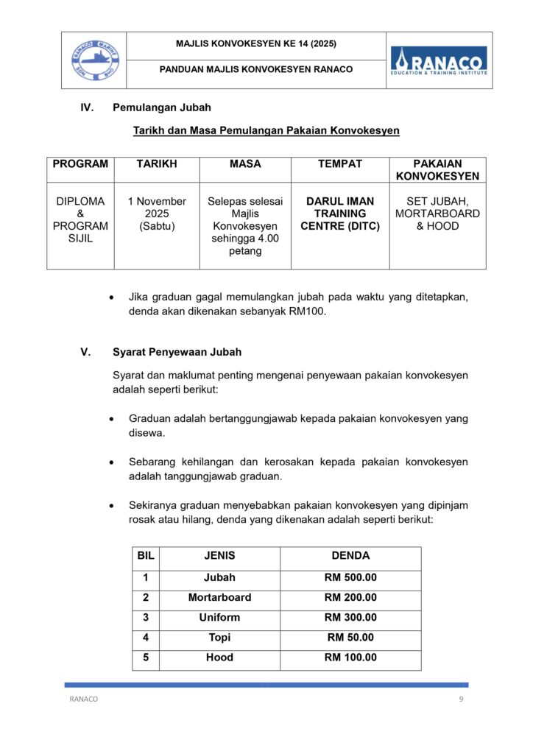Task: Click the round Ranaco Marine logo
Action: coord(93,60)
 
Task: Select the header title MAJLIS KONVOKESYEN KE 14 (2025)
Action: coord(255,44)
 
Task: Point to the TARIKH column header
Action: coord(156,164)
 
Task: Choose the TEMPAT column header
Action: coord(339,164)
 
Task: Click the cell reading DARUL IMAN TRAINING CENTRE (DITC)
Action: coord(339,214)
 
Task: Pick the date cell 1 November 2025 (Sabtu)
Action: coord(156,214)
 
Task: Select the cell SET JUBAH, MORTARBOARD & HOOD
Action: coord(437,214)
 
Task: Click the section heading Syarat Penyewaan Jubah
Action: coord(177,351)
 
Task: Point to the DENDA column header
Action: coord(350,556)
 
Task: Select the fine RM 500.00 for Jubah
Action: coord(350,578)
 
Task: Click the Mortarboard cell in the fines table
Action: coord(219,598)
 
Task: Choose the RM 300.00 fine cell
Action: coord(350,618)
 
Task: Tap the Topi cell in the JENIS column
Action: coord(219,638)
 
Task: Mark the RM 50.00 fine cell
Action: coord(350,638)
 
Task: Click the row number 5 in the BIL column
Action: coord(146,658)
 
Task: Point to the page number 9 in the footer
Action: coord(461,700)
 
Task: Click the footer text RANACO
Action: coord(83,700)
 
